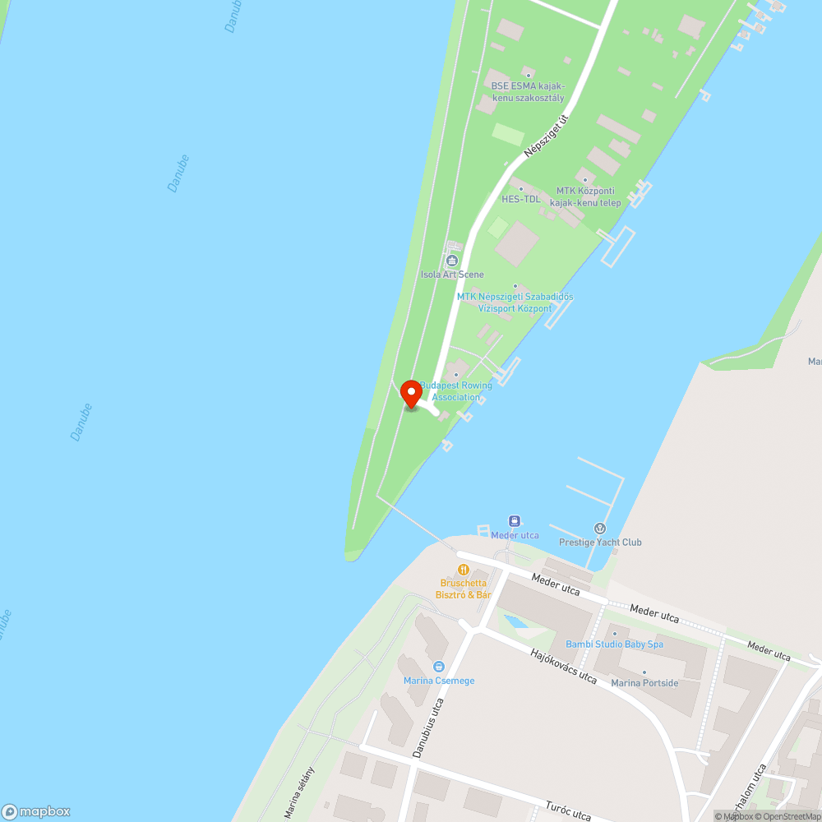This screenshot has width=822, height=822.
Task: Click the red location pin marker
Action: click(411, 394)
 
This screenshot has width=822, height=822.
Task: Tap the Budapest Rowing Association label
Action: click(456, 391)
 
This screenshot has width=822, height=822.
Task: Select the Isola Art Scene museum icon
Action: click(451, 261)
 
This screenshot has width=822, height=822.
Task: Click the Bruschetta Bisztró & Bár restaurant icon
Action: click(464, 569)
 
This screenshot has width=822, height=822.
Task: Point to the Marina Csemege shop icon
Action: click(439, 667)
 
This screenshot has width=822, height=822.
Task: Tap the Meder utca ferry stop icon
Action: click(515, 521)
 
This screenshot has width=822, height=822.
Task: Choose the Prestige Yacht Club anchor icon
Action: click(600, 528)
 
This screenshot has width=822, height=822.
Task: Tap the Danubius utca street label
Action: click(428, 727)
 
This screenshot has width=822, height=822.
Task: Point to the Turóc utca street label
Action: click(568, 810)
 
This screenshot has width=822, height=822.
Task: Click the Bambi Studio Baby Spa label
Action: click(614, 644)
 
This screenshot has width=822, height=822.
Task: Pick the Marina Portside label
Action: click(645, 683)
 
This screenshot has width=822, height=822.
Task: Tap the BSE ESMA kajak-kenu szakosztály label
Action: click(528, 91)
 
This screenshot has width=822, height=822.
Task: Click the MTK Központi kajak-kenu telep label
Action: click(585, 196)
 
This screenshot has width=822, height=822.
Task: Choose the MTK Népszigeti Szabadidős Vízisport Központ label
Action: click(515, 302)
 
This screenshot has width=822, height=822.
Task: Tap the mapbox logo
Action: click(36, 811)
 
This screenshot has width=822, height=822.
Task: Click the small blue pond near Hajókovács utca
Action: click(516, 621)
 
